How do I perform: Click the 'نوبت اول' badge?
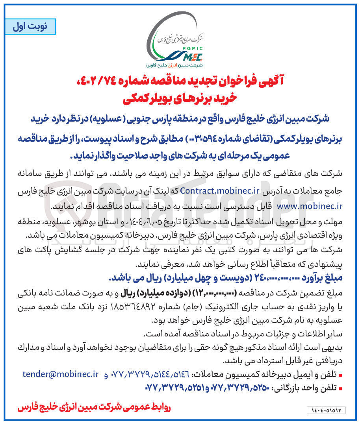[31, 26]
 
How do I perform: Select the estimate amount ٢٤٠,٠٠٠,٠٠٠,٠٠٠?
[265, 278]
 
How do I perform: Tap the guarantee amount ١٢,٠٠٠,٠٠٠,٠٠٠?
[220, 292]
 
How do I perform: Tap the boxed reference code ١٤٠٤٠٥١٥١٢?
[326, 410]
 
